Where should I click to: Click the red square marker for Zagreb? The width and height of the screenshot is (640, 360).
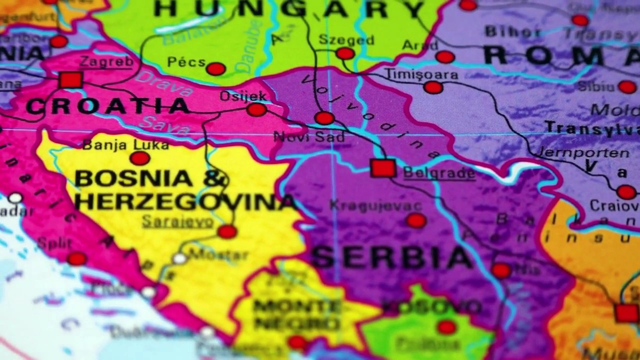pyautogui.click(x=70, y=80)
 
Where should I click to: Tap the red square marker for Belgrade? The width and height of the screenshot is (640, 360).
pyautogui.click(x=383, y=168)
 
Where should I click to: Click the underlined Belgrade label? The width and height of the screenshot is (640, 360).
pyautogui.click(x=439, y=173)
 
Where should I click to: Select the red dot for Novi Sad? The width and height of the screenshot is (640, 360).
pyautogui.click(x=324, y=118)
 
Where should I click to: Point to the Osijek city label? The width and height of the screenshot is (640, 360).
pyautogui.click(x=243, y=95)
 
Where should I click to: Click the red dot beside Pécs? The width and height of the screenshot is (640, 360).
pyautogui.click(x=216, y=69)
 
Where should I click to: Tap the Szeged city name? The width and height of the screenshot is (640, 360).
pyautogui.click(x=346, y=39)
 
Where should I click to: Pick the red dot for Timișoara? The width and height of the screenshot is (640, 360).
pyautogui.click(x=433, y=87)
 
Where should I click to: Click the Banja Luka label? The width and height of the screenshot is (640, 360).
pyautogui.click(x=125, y=145)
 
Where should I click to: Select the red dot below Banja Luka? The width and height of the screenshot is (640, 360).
pyautogui.click(x=139, y=158)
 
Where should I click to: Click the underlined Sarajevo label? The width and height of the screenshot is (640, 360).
pyautogui.click(x=177, y=221)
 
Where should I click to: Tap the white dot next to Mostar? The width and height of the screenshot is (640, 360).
pyautogui.click(x=179, y=258)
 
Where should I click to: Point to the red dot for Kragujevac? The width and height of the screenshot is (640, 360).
pyautogui.click(x=416, y=220)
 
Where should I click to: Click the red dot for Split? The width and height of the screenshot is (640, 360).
pyautogui.click(x=77, y=258)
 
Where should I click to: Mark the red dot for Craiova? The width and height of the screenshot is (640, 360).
pyautogui.click(x=626, y=192)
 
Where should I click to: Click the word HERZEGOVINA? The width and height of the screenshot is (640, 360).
pyautogui.click(x=185, y=202)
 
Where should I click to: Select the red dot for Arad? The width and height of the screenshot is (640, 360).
pyautogui.click(x=444, y=57)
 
